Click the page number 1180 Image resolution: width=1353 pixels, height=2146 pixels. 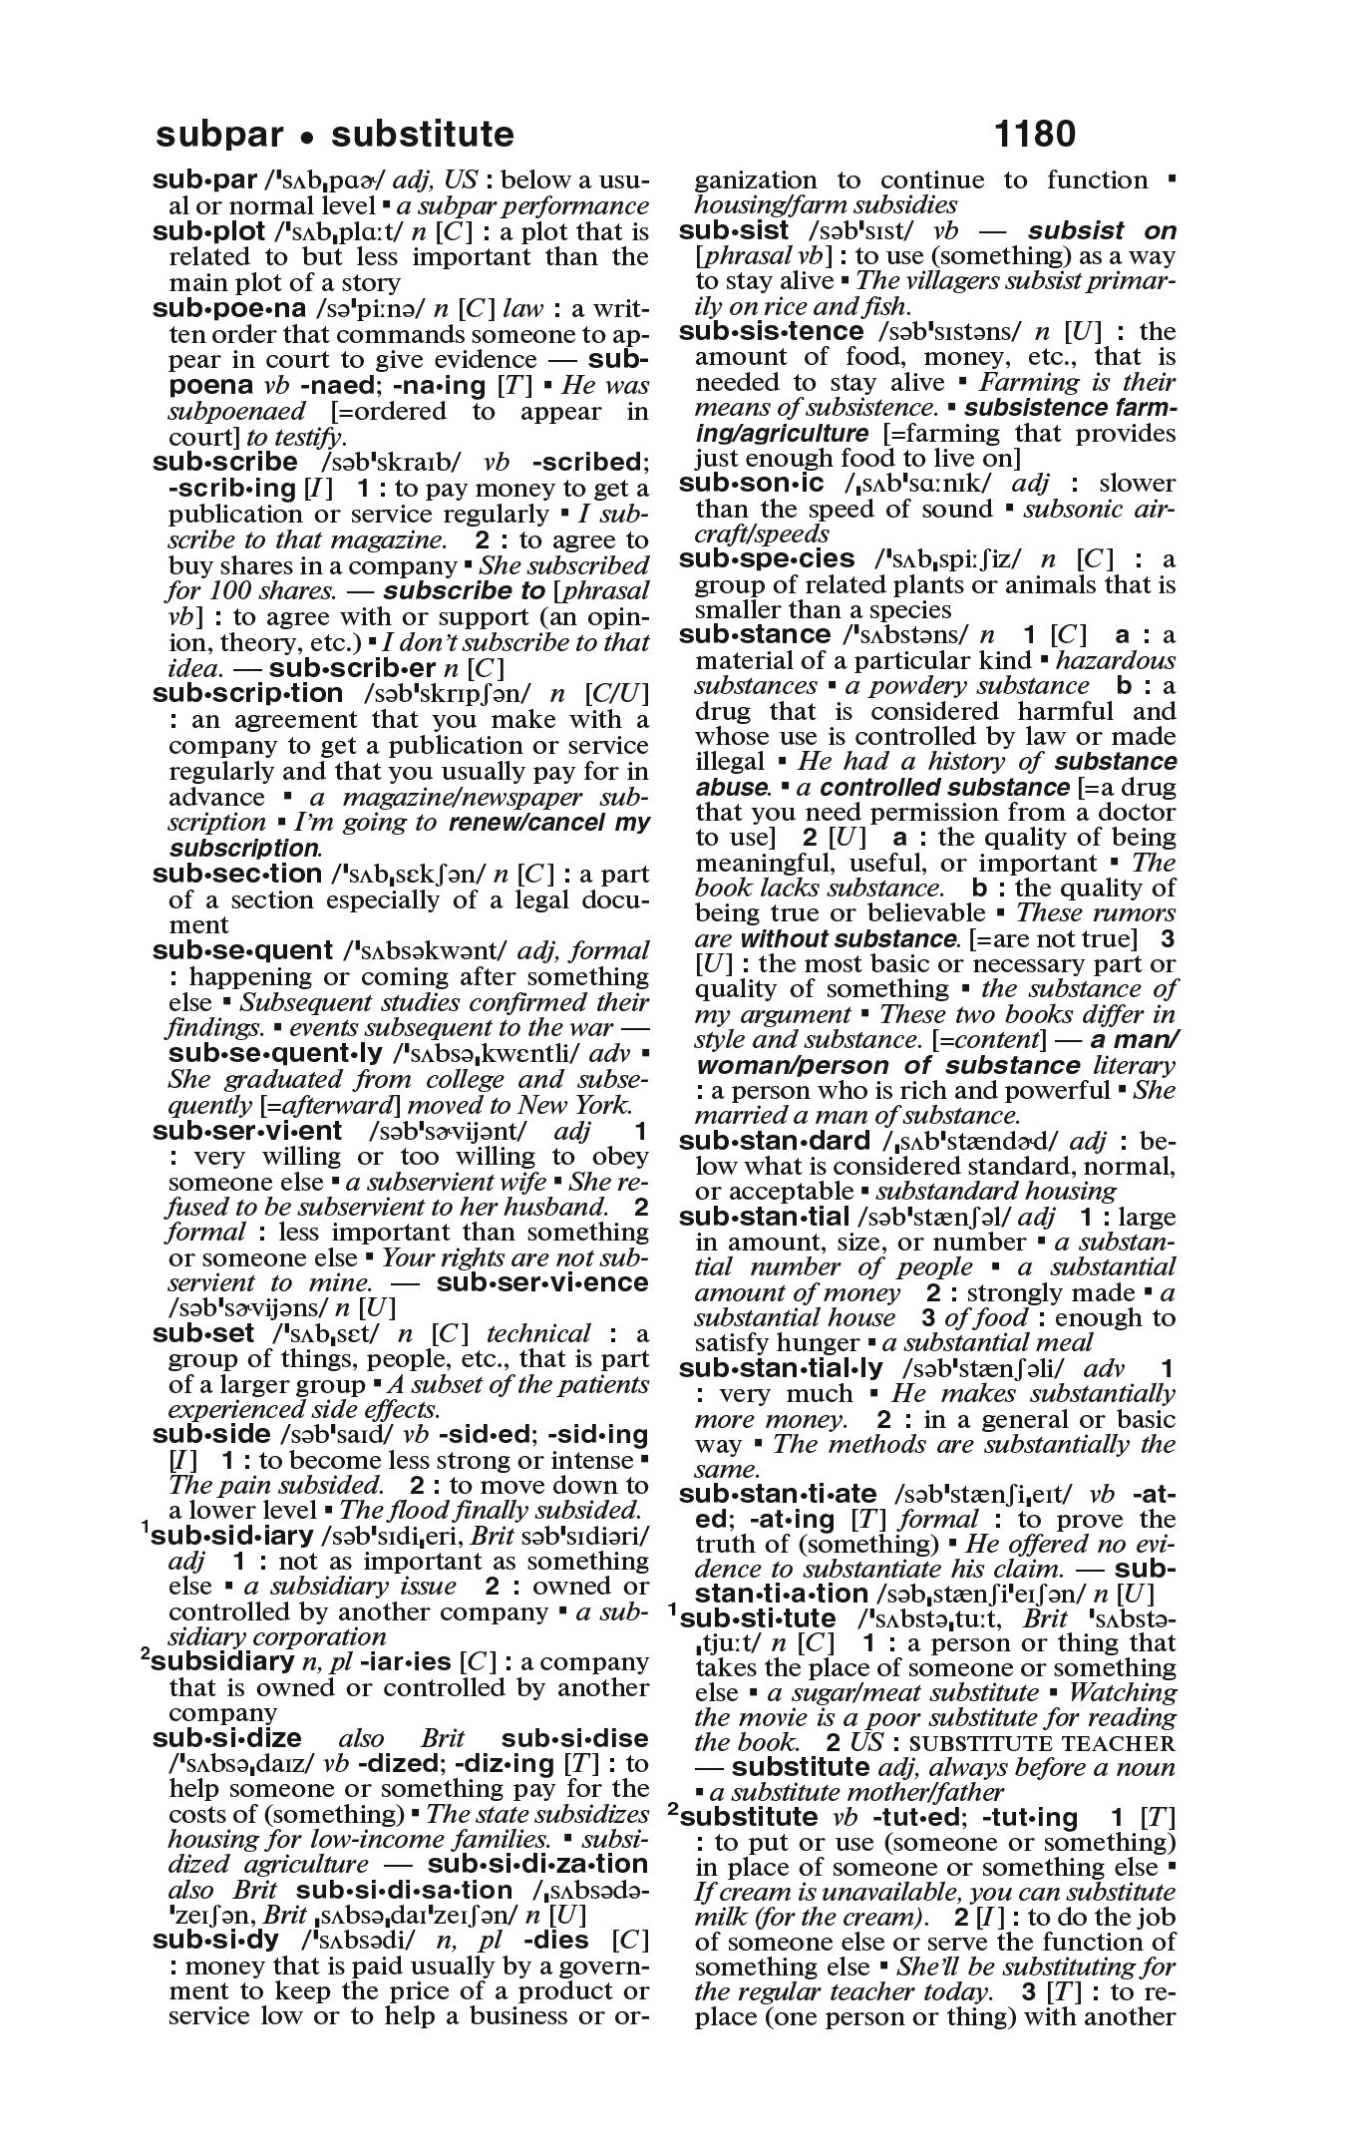point(1035,134)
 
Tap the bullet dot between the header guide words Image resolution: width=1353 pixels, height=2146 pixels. point(311,136)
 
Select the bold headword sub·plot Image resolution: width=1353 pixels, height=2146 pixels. point(208,231)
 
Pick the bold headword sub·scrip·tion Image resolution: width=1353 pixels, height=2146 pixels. point(247,694)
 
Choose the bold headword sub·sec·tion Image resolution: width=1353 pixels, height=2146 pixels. point(236,875)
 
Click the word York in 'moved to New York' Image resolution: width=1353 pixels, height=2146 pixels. point(601,1105)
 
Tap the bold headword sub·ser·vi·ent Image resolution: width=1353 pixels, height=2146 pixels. point(246,1131)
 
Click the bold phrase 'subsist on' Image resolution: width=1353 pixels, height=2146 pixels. point(1102,231)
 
